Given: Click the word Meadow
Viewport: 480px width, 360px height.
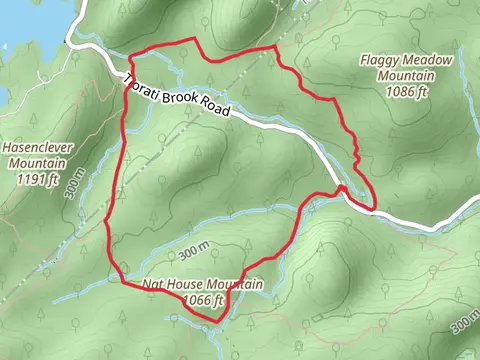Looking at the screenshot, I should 430,61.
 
